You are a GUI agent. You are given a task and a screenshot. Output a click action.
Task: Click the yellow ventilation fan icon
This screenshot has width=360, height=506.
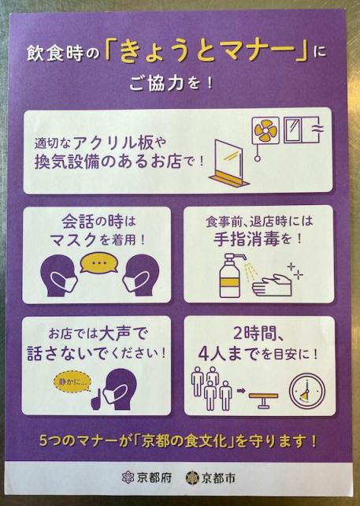click(x=265, y=130)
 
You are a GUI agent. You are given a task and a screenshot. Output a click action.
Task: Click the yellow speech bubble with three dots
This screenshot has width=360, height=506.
click(x=98, y=262)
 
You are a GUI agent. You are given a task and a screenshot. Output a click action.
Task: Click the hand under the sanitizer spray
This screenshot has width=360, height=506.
click(x=272, y=285)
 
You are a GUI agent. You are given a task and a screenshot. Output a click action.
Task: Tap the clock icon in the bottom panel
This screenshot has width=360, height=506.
click(x=307, y=392)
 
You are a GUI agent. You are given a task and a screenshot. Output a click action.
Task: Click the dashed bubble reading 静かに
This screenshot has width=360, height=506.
click(x=72, y=382)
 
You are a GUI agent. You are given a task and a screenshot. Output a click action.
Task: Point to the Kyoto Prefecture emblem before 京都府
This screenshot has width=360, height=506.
click(x=128, y=477)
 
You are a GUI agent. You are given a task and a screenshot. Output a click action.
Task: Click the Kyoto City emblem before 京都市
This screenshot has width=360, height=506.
click(x=192, y=478)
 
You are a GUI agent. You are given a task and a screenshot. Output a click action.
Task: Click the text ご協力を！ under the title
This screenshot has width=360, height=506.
click(x=171, y=84)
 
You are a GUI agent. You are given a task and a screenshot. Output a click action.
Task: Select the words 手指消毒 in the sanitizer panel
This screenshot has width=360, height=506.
click(x=247, y=239)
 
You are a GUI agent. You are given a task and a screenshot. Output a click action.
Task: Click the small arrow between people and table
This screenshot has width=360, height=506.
click(x=241, y=391)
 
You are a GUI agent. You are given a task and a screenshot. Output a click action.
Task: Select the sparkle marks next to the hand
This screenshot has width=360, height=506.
click(x=295, y=271)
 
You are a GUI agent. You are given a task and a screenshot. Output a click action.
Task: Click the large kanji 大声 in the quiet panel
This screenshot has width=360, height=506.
click(x=116, y=333)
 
